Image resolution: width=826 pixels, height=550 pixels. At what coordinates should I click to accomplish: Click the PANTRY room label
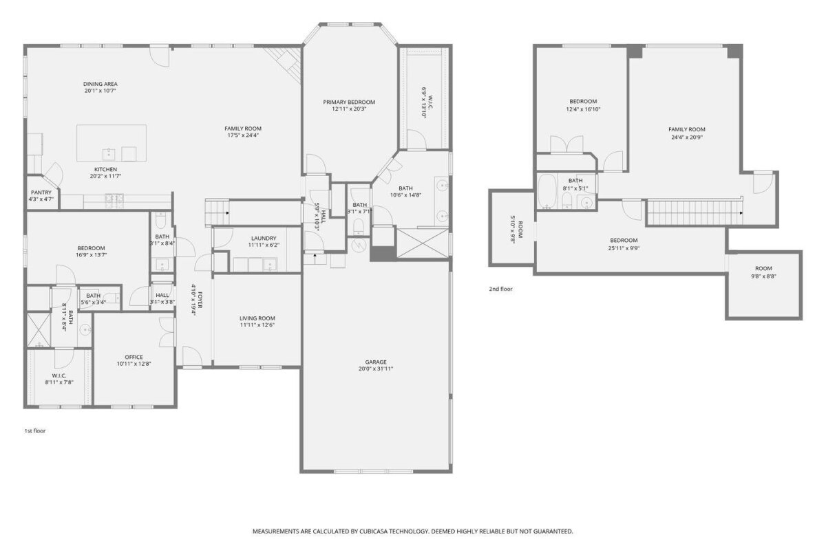tap(41, 192)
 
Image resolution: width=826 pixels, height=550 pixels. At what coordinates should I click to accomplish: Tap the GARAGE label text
tap(376, 362)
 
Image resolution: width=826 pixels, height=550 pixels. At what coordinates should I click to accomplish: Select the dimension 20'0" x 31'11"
tap(376, 368)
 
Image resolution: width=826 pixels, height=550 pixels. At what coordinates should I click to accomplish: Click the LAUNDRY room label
tap(264, 239)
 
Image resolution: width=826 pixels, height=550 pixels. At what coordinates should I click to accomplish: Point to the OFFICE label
tap(134, 357)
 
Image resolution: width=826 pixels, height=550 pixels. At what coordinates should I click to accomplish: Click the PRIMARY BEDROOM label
tap(349, 102)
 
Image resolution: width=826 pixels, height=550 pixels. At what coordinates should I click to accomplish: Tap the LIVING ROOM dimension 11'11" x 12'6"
tap(257, 325)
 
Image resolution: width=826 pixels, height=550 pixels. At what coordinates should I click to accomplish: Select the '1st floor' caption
tap(35, 430)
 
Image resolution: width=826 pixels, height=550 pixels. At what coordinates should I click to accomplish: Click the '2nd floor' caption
tap(501, 289)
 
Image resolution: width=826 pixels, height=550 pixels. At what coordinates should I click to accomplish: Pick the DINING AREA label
tap(100, 84)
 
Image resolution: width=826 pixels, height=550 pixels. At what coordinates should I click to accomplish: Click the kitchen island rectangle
tap(112, 143)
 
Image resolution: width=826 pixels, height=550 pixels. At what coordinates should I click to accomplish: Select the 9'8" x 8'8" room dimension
tap(763, 276)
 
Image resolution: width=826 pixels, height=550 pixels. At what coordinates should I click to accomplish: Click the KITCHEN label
tap(106, 169)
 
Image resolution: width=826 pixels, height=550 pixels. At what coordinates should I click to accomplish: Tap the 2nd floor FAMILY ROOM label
tap(687, 129)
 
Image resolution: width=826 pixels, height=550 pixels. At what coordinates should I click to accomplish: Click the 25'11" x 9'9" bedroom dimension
tap(624, 248)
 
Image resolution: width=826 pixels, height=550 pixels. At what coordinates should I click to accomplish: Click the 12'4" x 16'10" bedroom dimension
tap(583, 109)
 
